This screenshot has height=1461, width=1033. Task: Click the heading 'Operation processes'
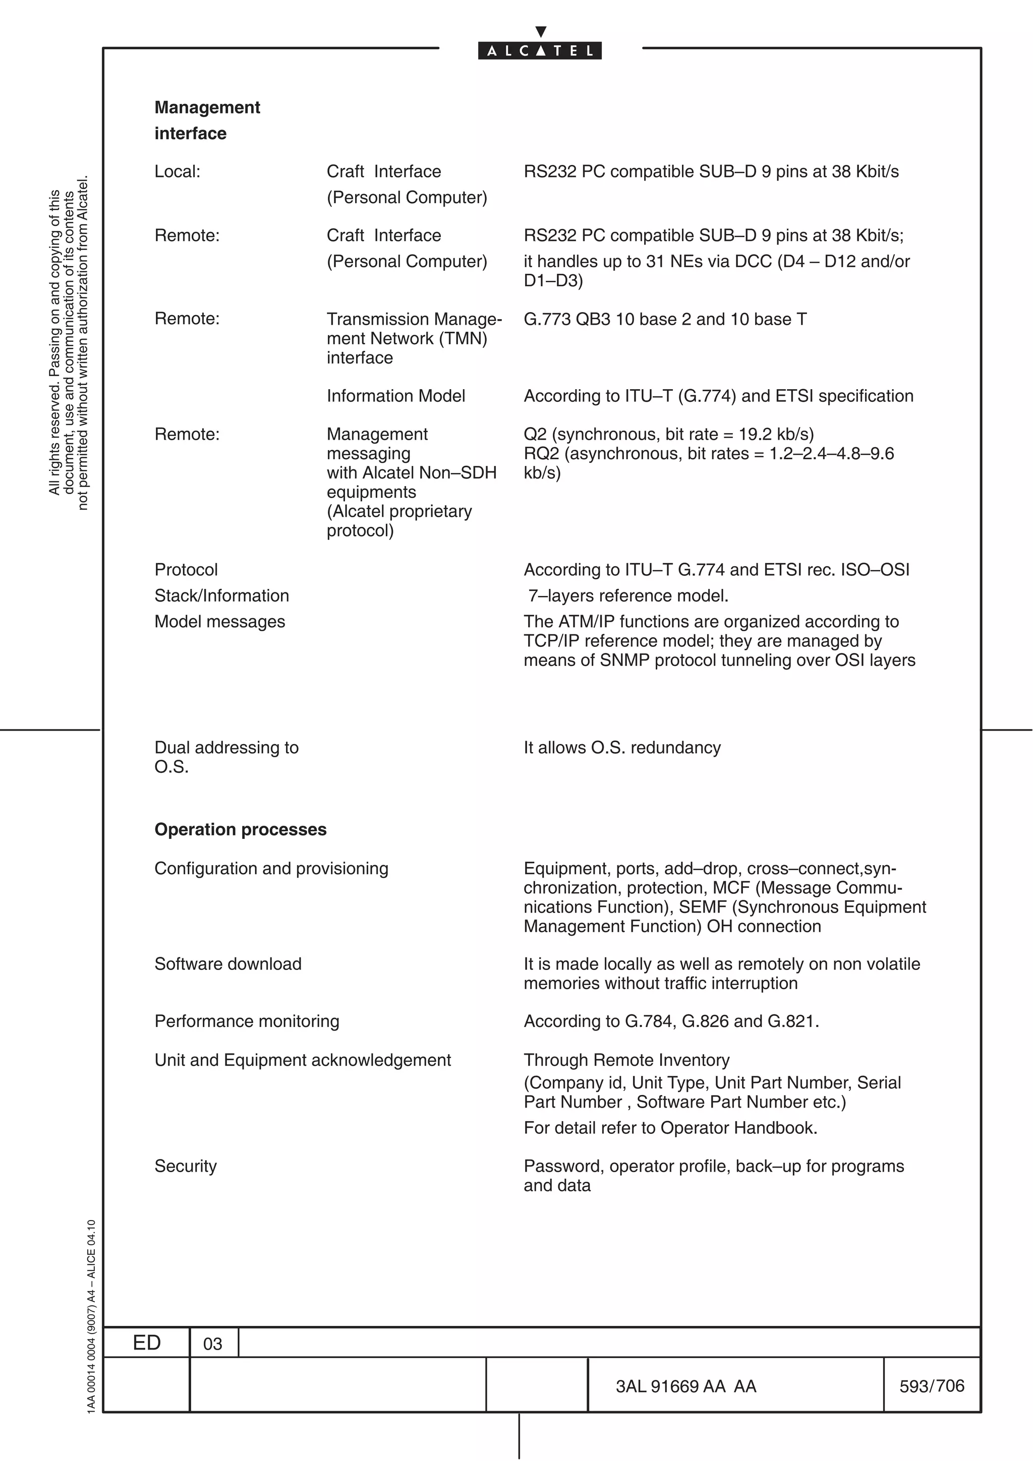(x=240, y=829)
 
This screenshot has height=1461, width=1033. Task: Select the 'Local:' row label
(x=177, y=171)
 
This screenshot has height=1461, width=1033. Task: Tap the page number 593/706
(x=931, y=1385)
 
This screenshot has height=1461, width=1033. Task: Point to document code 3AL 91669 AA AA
(x=685, y=1386)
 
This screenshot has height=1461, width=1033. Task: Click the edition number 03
(x=212, y=1343)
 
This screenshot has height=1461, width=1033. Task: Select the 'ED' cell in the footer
(x=146, y=1343)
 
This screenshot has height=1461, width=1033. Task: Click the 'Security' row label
(x=185, y=1166)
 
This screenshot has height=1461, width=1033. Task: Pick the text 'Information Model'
(x=395, y=396)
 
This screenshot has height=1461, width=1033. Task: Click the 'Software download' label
(x=228, y=963)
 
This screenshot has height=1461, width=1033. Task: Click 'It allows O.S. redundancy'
(x=622, y=747)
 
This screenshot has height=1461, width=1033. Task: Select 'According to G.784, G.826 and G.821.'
(x=671, y=1021)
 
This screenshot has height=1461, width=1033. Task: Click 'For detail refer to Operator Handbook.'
(x=670, y=1128)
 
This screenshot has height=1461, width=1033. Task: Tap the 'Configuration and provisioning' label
(x=271, y=868)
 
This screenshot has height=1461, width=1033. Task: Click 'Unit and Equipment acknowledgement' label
(x=302, y=1060)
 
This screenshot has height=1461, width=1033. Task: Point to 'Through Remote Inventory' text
(x=626, y=1060)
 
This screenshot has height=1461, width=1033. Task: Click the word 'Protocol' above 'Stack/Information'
(x=186, y=570)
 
